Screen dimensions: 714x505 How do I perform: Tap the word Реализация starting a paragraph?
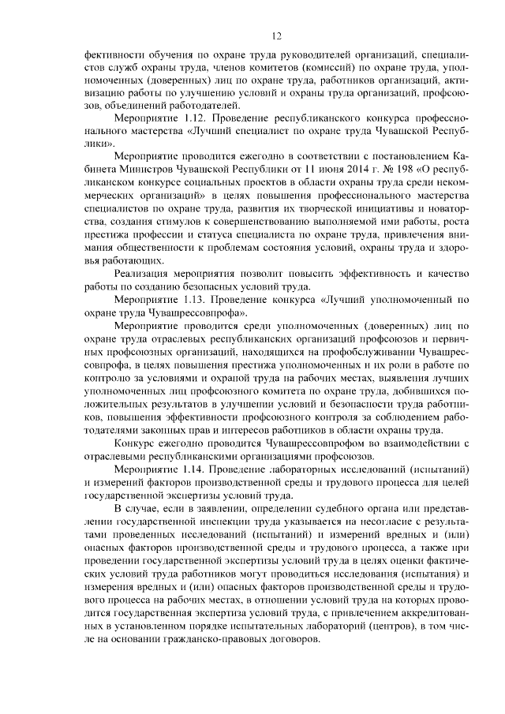coord(145,274)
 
